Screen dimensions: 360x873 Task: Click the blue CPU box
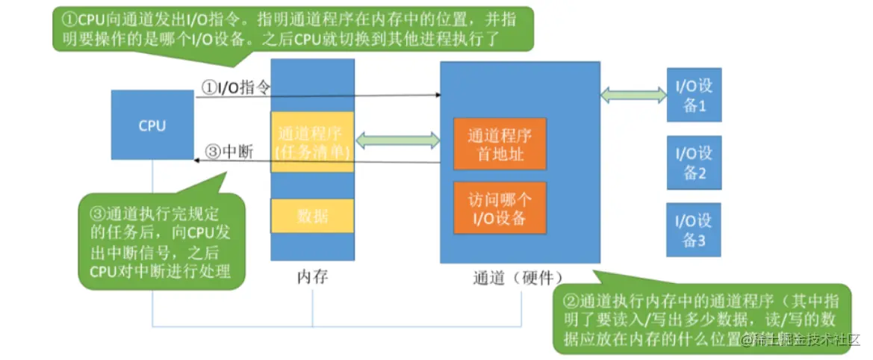(x=152, y=126)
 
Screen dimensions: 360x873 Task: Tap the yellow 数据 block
(x=311, y=217)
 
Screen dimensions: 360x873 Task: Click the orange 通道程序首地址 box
(x=500, y=143)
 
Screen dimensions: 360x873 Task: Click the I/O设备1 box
(x=694, y=95)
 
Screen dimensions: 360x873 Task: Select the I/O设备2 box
(x=694, y=163)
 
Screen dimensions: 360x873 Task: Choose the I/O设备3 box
(x=694, y=229)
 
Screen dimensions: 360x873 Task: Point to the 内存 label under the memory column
(x=311, y=277)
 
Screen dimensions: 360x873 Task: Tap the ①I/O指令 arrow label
(x=234, y=87)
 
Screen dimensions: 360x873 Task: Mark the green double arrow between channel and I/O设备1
(x=634, y=95)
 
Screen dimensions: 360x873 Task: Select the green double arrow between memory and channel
(x=397, y=140)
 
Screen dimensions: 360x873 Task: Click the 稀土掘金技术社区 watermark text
(x=803, y=340)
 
